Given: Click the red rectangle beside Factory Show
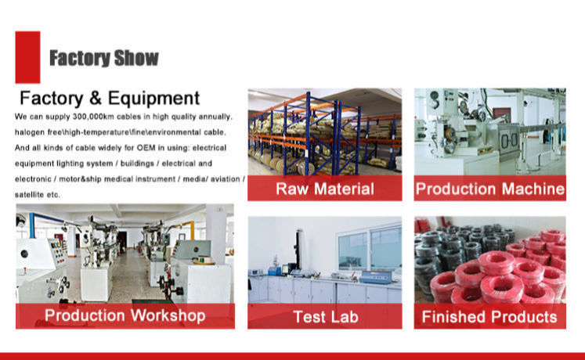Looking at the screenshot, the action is coord(27,57).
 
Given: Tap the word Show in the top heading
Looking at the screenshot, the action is coord(136,58).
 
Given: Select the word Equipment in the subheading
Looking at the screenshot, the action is coord(153,99).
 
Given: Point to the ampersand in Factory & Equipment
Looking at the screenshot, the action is coord(95,99).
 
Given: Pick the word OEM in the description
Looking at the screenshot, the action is coord(146,148).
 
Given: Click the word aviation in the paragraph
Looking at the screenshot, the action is coord(226,179).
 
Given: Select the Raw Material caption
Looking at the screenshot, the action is coord(325,189).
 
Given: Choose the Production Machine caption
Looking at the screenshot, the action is coord(490,189).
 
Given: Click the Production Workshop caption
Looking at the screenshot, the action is coord(125,315).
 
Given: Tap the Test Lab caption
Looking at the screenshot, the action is coord(326,317).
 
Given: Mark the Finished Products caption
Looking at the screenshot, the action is coord(489,317).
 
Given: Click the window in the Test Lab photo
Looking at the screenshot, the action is coord(370,249).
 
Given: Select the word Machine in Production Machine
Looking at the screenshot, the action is coord(533,189).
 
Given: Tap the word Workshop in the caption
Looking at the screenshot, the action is coord(168,315).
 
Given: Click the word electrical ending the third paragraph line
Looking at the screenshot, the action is coord(209,148).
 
